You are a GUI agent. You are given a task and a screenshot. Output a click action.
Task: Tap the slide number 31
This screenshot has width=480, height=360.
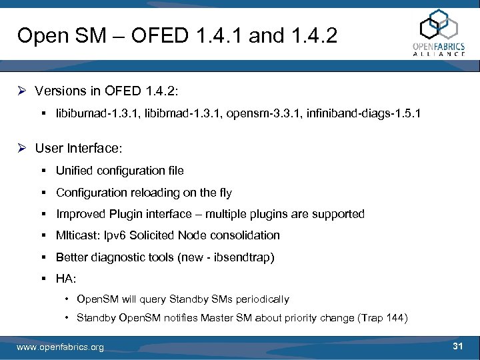457,346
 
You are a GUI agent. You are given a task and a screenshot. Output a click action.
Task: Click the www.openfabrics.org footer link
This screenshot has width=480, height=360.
60,347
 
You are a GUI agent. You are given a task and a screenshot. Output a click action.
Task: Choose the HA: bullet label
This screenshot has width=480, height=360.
66,278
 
